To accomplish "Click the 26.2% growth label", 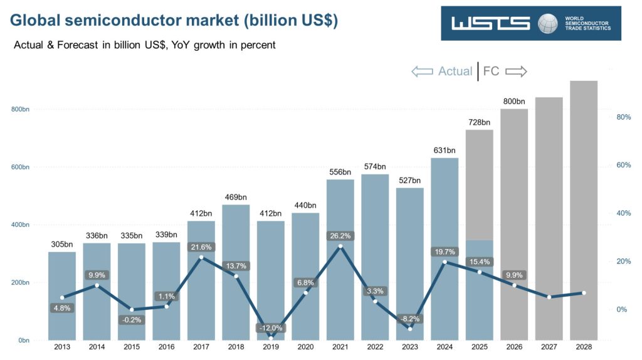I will pos(340,236).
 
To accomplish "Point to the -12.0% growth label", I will pos(270,328).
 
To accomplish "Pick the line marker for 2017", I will pos(201,257).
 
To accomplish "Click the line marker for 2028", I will pos(584,293).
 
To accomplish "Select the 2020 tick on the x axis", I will pos(305,347).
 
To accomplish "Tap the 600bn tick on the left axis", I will pos(21,167).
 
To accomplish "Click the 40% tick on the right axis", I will pos(623,213).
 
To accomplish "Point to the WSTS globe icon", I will pos(547,23).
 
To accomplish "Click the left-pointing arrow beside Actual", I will pos(423,71).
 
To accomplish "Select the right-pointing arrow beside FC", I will pos(516,71).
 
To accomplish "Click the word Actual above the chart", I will pos(455,71).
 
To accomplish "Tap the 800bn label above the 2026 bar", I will pos(514,101).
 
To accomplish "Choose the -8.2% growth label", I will pos(409,319).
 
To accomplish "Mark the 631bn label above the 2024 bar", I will pos(445,150).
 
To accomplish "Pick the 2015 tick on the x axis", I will pos(132,347).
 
